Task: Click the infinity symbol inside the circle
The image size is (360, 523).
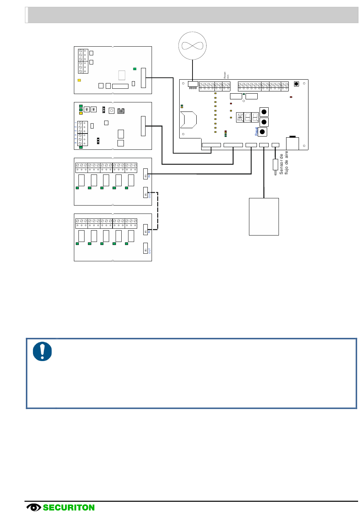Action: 193,46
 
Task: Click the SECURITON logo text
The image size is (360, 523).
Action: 69,508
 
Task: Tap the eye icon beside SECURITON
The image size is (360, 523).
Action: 34,507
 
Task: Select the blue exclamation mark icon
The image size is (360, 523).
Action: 42,352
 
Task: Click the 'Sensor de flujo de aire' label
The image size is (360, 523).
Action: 284,163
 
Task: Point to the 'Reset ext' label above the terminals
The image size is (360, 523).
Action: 226,75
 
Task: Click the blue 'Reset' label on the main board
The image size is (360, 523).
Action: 257,132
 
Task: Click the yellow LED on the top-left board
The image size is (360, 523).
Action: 79,80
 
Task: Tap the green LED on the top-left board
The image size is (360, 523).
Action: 135,69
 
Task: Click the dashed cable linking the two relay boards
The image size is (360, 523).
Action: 158,211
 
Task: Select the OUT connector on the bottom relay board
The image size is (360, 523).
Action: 146,248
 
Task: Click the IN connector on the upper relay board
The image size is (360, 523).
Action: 146,174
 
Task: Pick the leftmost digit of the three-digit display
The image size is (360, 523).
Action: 240,117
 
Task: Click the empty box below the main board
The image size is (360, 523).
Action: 264,217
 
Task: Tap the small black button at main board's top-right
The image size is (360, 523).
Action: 296,84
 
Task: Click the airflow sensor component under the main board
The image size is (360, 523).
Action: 275,165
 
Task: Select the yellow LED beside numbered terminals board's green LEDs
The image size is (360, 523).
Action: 81,113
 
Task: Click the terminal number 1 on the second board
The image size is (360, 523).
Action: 76,123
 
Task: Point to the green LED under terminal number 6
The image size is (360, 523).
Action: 81,147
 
